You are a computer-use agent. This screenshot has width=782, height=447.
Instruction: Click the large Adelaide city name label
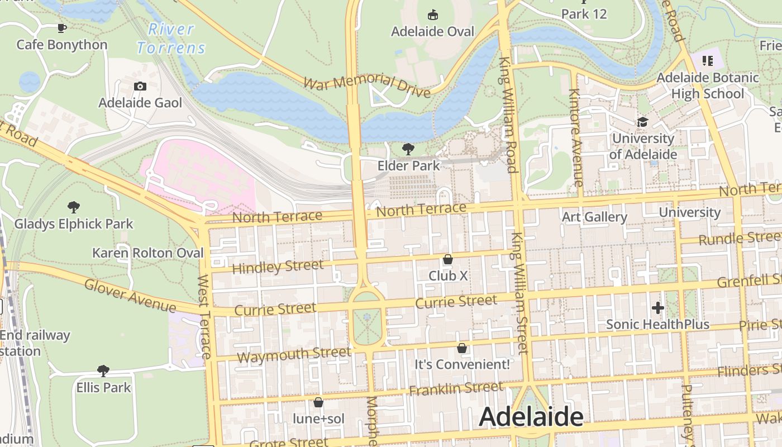[531, 417]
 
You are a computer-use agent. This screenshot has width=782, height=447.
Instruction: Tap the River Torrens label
[171, 39]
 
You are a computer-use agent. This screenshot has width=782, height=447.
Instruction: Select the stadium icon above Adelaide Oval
[432, 15]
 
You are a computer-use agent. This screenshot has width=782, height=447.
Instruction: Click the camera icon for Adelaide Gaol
[140, 86]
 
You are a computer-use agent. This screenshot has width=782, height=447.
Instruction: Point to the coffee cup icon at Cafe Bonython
[62, 28]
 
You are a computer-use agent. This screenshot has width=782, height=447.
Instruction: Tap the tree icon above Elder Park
[408, 149]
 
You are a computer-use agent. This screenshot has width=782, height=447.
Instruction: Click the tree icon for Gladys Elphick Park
[73, 207]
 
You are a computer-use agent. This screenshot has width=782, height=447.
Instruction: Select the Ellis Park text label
[103, 387]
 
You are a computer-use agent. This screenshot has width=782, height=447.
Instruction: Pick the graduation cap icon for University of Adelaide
[642, 122]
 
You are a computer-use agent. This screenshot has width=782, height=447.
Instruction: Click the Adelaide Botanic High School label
[707, 85]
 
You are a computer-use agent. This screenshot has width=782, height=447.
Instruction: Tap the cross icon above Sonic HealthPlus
[657, 307]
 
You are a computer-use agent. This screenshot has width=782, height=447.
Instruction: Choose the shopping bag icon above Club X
[447, 259]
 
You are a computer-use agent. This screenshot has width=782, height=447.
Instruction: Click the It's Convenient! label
[462, 364]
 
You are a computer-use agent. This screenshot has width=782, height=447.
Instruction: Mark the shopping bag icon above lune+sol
[318, 402]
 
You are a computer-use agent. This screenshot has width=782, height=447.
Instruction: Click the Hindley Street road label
[277, 267]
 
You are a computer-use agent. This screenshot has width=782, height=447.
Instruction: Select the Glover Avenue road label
[130, 295]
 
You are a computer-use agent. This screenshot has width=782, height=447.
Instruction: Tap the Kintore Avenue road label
[575, 137]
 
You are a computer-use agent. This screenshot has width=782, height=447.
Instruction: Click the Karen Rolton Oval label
[148, 253]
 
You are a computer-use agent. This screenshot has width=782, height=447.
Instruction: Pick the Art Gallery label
[594, 217]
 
